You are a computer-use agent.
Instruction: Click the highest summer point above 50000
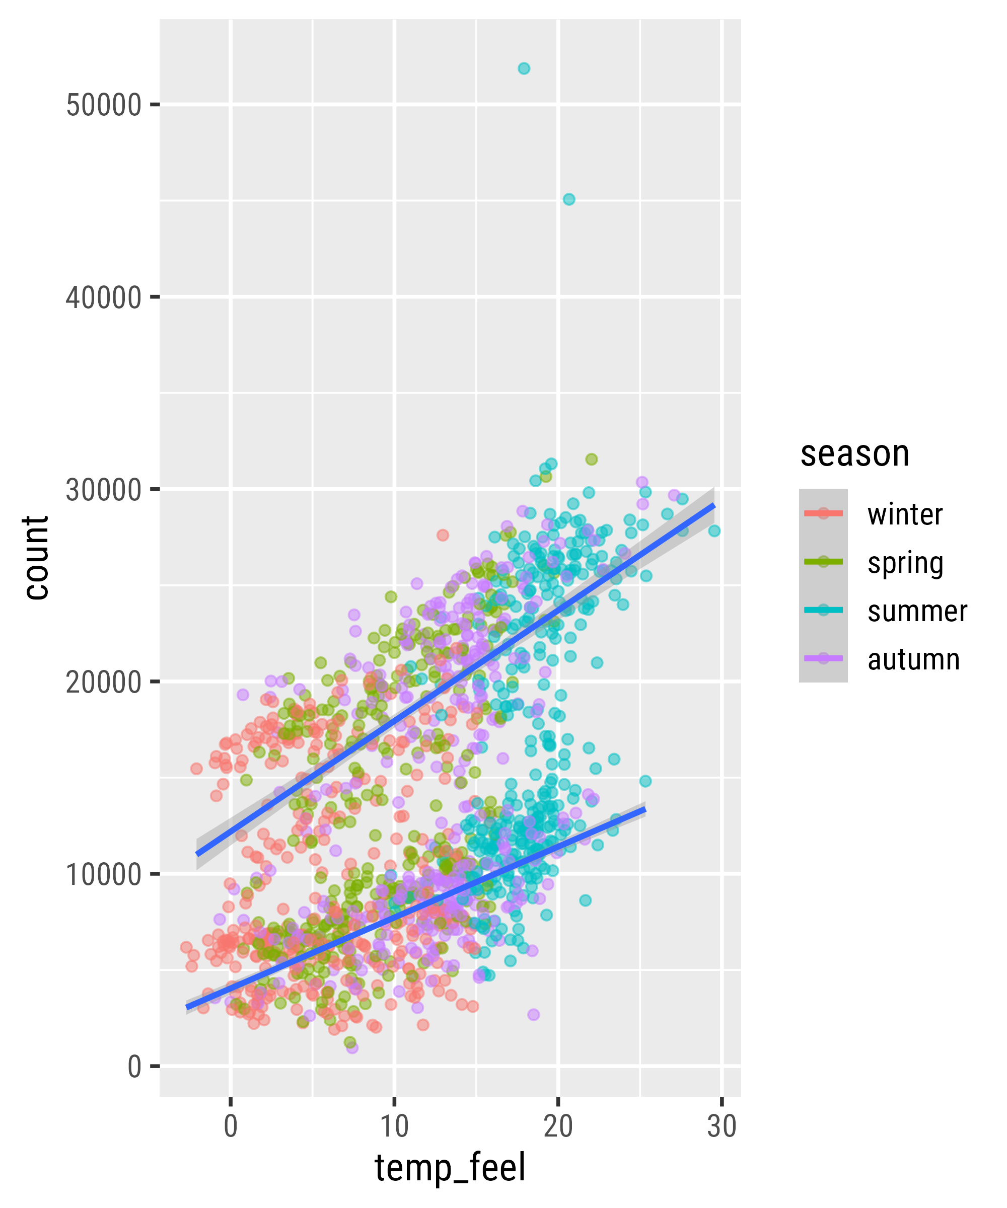tap(524, 68)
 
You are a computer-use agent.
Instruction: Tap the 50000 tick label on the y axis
tap(104, 105)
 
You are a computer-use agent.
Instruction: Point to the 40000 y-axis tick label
tap(104, 298)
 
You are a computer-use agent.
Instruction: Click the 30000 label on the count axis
tap(104, 490)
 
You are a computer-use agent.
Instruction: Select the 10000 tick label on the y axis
tap(104, 874)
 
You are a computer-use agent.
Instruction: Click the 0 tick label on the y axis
tap(134, 1067)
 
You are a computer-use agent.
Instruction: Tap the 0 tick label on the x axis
tap(231, 1126)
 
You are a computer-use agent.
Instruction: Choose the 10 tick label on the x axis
tap(394, 1126)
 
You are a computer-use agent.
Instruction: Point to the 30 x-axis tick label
tap(722, 1126)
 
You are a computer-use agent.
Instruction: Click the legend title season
tap(854, 454)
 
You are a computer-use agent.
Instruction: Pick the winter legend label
tap(905, 514)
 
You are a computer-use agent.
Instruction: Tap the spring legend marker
tap(823, 562)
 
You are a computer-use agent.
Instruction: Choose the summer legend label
tap(917, 611)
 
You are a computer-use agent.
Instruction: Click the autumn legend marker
tap(823, 659)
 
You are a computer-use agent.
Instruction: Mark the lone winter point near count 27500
tap(443, 535)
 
